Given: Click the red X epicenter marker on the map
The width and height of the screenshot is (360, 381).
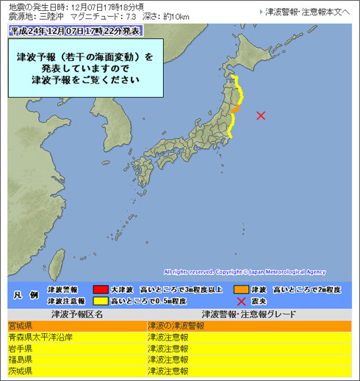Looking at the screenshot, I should (261, 115).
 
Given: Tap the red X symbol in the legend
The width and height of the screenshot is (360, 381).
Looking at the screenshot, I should (240, 301).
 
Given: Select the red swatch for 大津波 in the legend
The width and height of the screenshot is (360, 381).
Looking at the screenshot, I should (100, 289).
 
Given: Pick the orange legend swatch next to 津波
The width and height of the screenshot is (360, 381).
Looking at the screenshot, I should (243, 289).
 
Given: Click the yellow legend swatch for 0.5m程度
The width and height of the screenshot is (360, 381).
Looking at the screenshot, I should (100, 301).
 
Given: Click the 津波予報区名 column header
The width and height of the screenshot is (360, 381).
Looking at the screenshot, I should (76, 313).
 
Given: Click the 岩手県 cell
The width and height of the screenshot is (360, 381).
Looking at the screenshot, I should (20, 349).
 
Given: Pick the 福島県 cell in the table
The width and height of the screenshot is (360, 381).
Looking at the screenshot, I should (20, 360).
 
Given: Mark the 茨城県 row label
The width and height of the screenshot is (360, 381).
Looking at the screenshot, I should (20, 372).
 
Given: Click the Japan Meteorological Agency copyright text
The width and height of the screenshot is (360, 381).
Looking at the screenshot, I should (245, 271).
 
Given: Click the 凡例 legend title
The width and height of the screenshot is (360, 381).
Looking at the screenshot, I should (23, 295).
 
